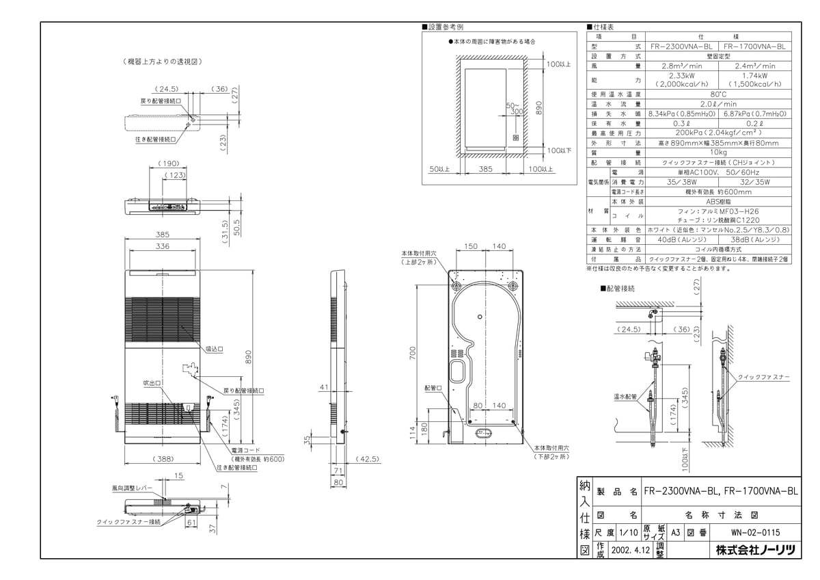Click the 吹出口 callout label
pyautogui.click(x=150, y=383)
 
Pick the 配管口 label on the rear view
pyautogui.click(x=433, y=388)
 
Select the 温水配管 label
pyautogui.click(x=625, y=396)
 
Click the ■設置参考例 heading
pyautogui.click(x=444, y=27)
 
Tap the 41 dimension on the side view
pyautogui.click(x=324, y=387)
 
